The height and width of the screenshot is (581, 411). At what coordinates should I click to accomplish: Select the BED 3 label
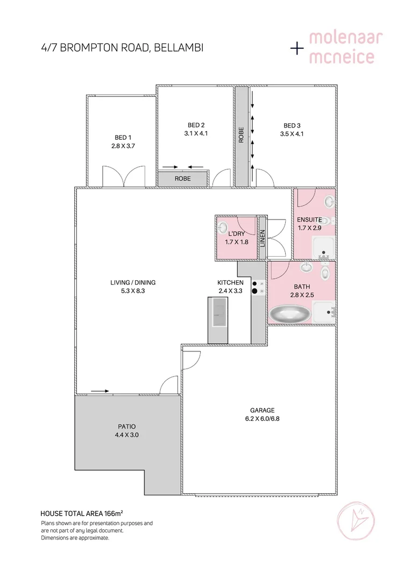click(292, 126)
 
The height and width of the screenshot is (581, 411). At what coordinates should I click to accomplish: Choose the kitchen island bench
click(218, 319)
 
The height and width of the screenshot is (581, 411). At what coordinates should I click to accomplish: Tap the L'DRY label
click(236, 234)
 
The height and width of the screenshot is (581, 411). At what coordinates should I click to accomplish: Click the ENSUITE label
click(309, 219)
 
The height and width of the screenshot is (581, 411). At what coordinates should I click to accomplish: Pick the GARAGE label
click(263, 410)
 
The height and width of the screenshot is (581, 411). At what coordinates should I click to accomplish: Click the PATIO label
click(126, 427)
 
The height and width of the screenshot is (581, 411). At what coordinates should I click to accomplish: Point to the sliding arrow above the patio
click(100, 391)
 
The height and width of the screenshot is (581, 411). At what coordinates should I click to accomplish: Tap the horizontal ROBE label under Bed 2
click(182, 179)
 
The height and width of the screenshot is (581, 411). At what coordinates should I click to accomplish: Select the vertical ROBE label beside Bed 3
click(241, 134)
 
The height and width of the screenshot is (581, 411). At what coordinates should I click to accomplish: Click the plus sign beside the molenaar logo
click(297, 48)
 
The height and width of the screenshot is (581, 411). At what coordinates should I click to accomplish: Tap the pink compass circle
click(357, 520)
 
